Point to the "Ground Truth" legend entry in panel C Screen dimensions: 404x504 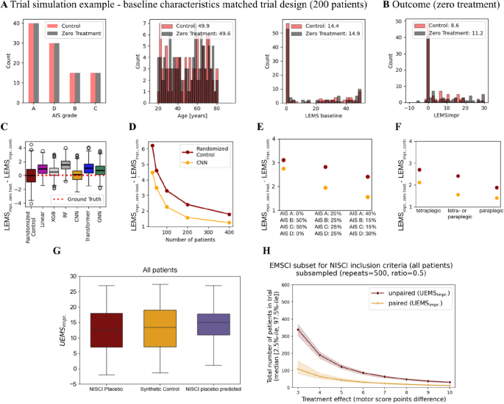81,199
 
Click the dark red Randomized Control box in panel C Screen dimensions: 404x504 30,175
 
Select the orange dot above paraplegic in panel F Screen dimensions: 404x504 476,198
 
